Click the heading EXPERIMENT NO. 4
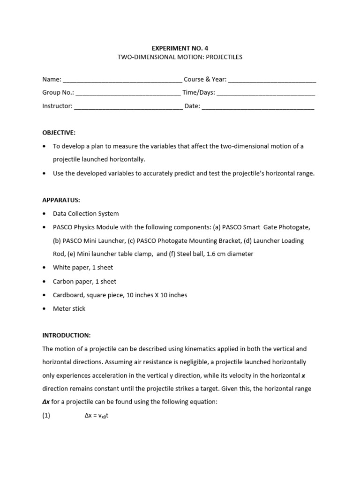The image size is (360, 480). [180, 48]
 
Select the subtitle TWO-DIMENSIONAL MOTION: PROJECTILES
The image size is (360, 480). [180, 57]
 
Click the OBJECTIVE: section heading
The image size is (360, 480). [59, 133]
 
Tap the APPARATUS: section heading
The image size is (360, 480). [61, 200]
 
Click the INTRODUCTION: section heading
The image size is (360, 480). [66, 336]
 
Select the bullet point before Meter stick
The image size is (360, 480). [44, 309]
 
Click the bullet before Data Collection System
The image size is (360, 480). [44, 214]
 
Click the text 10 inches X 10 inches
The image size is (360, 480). [156, 295]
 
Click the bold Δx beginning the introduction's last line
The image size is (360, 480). [46, 402]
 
